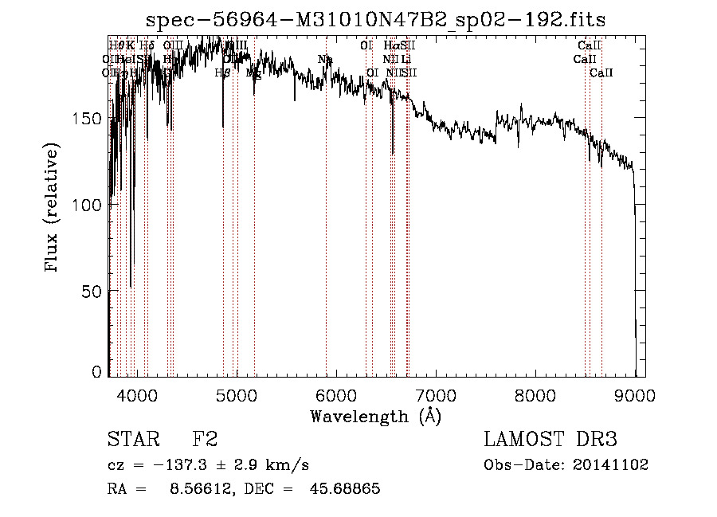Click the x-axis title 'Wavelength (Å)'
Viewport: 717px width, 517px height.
coord(375,416)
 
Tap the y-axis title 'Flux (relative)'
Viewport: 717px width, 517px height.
coord(53,210)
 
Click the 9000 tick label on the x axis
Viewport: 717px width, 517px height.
coord(635,395)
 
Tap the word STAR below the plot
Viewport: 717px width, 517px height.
coord(131,440)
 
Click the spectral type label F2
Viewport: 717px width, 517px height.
coord(205,440)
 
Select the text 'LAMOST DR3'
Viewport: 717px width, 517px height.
coord(550,440)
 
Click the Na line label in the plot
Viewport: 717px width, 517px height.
coord(325,59)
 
